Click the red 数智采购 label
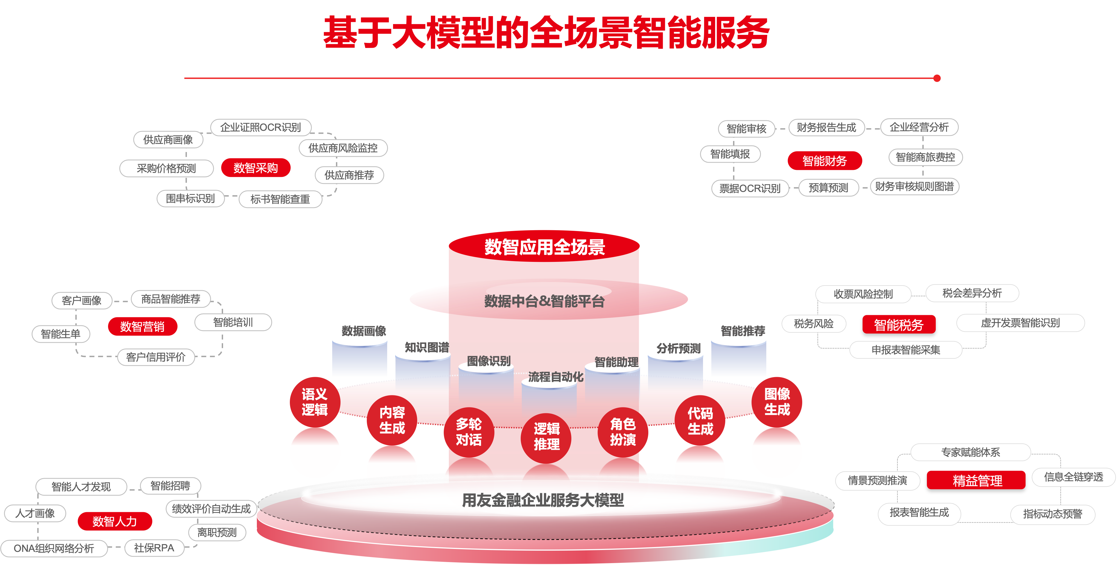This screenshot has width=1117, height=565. [256, 168]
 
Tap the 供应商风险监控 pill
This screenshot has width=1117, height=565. [343, 148]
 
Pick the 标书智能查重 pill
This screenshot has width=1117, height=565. [280, 199]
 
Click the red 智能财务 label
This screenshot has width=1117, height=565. [824, 161]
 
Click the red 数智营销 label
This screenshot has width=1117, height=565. [142, 326]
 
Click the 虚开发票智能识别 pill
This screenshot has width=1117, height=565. [1020, 323]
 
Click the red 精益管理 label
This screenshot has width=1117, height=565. [977, 481]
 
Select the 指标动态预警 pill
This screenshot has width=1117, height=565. [1052, 514]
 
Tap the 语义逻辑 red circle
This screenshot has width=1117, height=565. [315, 402]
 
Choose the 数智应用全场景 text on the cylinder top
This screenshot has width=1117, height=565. [545, 247]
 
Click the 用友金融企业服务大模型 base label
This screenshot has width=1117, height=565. [543, 500]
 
